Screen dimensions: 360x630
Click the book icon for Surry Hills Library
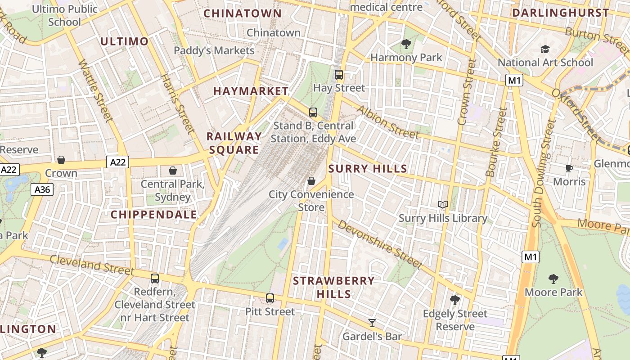pyautogui.click(x=443, y=205)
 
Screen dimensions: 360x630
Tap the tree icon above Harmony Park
pyautogui.click(x=406, y=44)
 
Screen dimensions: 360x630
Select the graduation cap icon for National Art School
pyautogui.click(x=545, y=49)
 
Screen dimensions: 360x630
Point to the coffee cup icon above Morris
pyautogui.click(x=569, y=168)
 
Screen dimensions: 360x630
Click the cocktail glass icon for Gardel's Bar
pyautogui.click(x=372, y=323)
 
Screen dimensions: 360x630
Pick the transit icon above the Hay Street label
pyautogui.click(x=339, y=75)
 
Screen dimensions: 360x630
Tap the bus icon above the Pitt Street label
pyautogui.click(x=270, y=298)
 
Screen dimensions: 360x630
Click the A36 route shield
pyautogui.click(x=42, y=189)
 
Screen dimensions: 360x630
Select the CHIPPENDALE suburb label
pyautogui.click(x=154, y=215)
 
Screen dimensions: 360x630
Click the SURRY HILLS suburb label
pyautogui.click(x=368, y=169)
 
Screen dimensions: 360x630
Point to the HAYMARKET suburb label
pyautogui.click(x=251, y=91)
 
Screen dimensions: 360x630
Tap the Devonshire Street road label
pyautogui.click(x=380, y=243)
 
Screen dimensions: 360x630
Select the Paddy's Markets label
pyautogui.click(x=214, y=50)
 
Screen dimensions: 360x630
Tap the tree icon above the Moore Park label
pyautogui.click(x=553, y=279)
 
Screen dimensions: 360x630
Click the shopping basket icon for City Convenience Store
pyautogui.click(x=311, y=181)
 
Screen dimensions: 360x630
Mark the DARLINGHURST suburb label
pyautogui.click(x=560, y=13)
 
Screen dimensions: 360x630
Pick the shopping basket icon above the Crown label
pyautogui.click(x=61, y=160)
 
